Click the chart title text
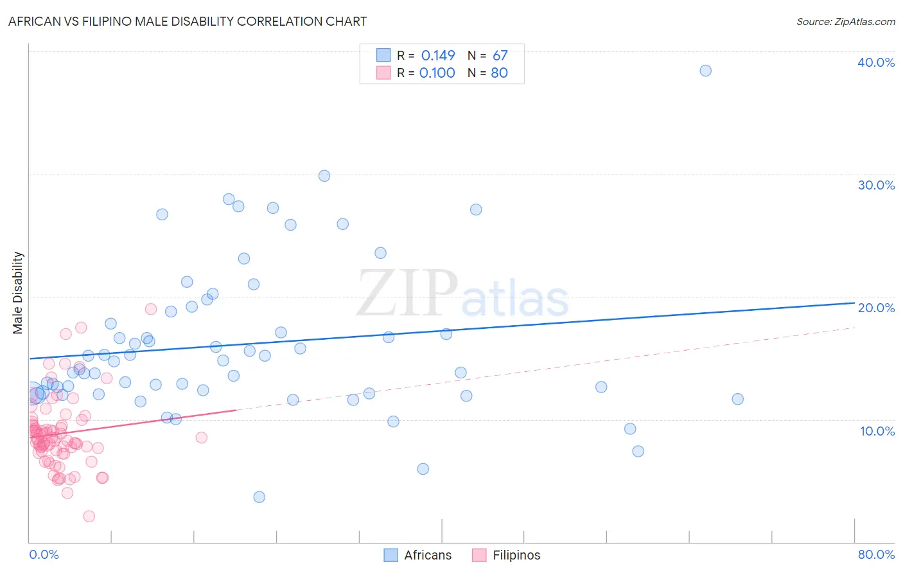188,21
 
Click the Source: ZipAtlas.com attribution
845,21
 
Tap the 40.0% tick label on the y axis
876,62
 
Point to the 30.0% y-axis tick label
876,185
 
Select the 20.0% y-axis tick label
876,308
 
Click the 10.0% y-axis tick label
877,431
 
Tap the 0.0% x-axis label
44,554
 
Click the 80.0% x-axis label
876,554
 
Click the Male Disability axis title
18,293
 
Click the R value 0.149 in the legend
438,56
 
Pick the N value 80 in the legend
499,73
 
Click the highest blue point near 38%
705,71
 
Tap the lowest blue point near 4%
259,497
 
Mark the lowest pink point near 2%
89,516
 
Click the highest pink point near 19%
151,309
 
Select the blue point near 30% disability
324,176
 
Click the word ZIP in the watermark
407,293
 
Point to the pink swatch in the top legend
383,73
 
